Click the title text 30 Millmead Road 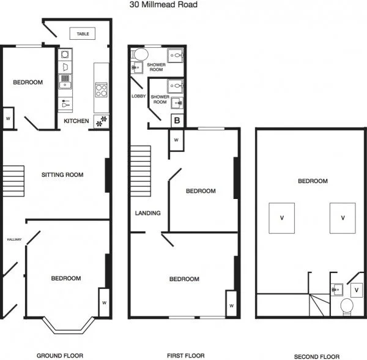pos(163,4)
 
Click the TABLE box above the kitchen pos(83,34)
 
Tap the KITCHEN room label pos(76,121)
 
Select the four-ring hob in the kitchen pos(101,90)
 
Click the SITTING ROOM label pos(62,174)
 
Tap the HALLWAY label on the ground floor pos(14,239)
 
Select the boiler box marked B pos(177,121)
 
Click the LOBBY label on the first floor pos(138,97)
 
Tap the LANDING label pos(147,213)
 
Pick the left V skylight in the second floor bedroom pos(281,218)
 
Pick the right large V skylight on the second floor pos(343,218)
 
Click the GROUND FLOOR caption pos(59,355)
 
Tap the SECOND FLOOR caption pos(316,356)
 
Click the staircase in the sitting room pos(12,179)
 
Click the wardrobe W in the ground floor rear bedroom pos(8,118)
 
